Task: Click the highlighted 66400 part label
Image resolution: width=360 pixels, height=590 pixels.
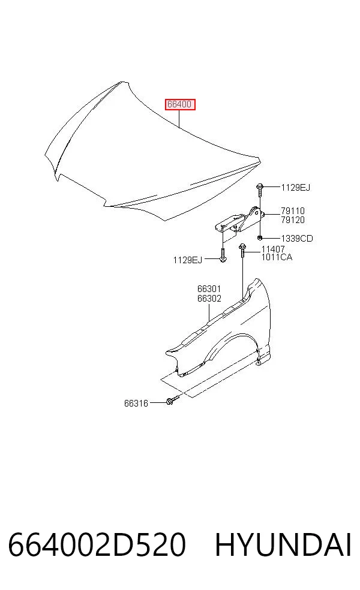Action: [179, 104]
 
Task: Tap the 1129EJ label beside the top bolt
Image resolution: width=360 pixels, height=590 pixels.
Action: [296, 188]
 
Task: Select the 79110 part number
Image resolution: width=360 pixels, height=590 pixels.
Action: [293, 211]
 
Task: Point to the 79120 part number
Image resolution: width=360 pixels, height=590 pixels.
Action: [293, 220]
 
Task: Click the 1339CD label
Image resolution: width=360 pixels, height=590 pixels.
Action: [297, 239]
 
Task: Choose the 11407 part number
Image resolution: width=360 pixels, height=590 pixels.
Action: [274, 249]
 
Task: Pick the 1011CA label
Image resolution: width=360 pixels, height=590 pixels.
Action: [277, 257]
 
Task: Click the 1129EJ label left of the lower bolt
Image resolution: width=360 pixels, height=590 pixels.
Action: [188, 260]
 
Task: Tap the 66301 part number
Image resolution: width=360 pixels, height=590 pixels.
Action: [209, 289]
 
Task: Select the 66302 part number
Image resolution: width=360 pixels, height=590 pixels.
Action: [209, 299]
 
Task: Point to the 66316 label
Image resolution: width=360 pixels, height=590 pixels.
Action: [136, 404]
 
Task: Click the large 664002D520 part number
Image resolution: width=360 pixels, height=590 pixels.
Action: [97, 544]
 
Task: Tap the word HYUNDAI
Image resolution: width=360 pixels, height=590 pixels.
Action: [283, 544]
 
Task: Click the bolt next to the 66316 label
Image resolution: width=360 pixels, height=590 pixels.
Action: [172, 401]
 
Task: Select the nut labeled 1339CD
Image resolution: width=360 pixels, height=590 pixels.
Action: [260, 238]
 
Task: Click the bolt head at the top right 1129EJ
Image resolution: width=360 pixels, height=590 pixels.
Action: [259, 186]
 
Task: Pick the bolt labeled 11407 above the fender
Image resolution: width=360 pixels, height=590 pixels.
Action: [242, 250]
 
